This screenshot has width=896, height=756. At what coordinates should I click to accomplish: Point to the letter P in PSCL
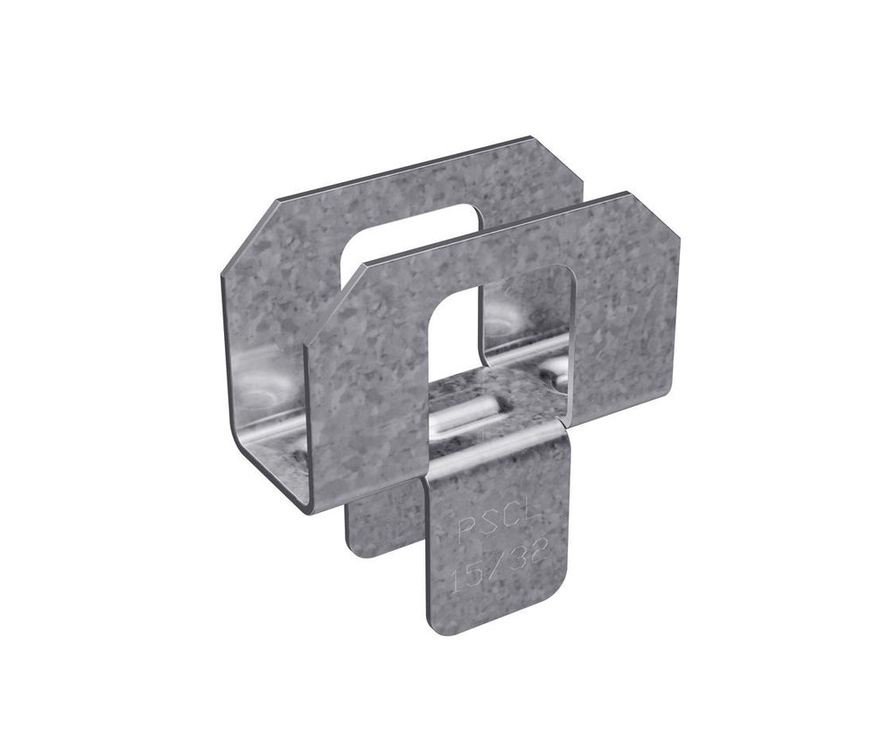click(465, 531)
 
